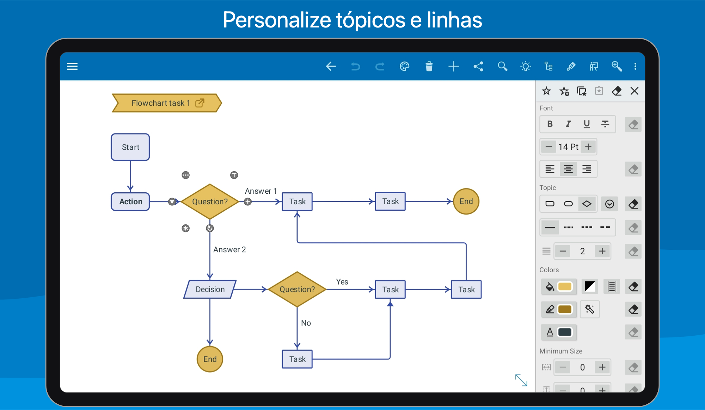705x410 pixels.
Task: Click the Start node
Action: coord(130,147)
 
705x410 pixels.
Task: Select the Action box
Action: coord(130,201)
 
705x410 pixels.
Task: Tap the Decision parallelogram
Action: coord(210,289)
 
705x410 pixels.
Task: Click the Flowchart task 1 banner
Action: coord(167,103)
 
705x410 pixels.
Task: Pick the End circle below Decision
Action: coord(210,359)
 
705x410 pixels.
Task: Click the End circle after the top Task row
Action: coord(466,201)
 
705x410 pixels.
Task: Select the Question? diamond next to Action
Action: coord(210,201)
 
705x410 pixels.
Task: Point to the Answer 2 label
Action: coord(229,249)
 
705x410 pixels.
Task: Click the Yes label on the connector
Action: coord(342,281)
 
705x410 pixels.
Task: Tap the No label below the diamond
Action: coord(306,323)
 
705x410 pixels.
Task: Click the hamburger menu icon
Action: coord(72,66)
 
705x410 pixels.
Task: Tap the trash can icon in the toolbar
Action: coord(429,66)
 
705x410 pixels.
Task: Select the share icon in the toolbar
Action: coord(478,66)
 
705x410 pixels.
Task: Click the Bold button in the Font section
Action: coord(550,124)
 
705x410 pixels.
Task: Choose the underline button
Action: coord(587,124)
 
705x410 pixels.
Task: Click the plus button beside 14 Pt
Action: coord(588,147)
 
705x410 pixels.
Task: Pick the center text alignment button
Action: coord(568,169)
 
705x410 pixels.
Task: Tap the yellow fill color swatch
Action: coord(565,286)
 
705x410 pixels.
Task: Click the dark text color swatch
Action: coord(565,332)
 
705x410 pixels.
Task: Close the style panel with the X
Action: coord(634,91)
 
